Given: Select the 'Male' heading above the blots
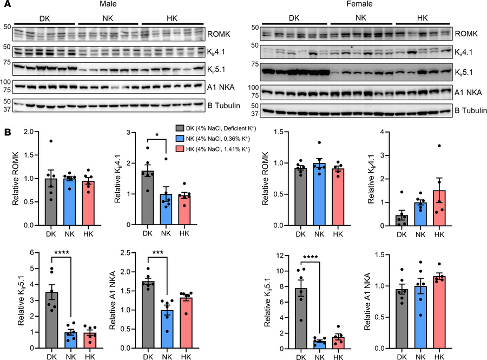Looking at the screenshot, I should pos(111,5).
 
